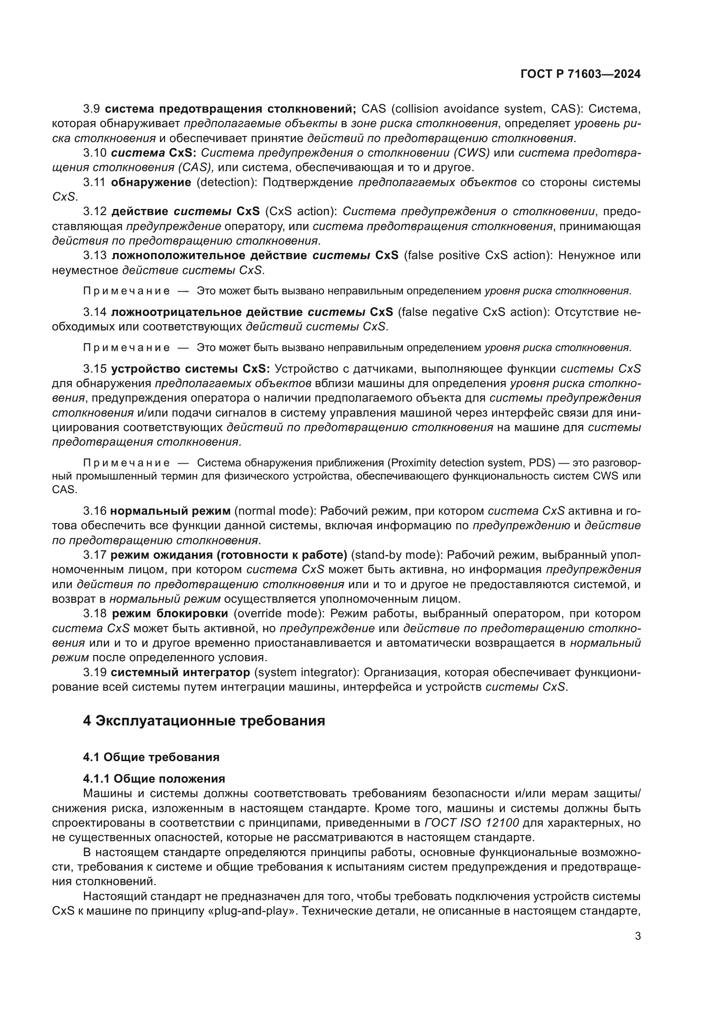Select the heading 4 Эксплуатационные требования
pos(204,721)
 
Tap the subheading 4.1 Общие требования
pos(151,758)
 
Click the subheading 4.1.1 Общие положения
pos(154,779)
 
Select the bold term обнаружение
pos(151,183)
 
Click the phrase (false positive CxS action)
pos(474,256)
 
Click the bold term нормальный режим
pos(170,511)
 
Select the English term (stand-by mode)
pos(397,555)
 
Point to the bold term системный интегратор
pos(180,672)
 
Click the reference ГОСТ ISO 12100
pos(471,823)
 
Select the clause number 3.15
pos(95,369)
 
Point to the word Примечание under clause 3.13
pos(126,291)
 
